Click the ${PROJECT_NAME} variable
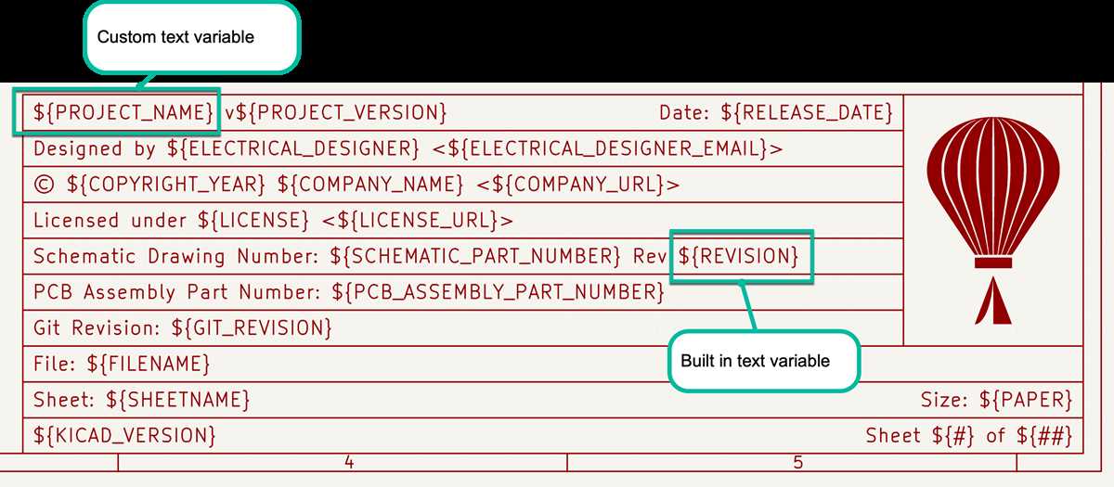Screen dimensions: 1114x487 coord(123,112)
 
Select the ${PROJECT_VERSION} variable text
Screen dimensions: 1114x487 coord(341,112)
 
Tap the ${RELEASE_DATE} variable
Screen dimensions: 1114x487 coord(807,112)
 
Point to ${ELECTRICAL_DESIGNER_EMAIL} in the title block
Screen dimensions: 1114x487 coord(608,148)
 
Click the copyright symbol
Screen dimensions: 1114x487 coord(44,185)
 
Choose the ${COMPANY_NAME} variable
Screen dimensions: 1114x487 coord(370,184)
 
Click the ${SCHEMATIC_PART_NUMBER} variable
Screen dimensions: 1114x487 coord(475,256)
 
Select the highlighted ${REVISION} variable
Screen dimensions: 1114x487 coord(739,256)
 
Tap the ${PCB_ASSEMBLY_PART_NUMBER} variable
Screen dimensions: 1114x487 coord(498,291)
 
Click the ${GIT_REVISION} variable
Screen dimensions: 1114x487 coord(252,327)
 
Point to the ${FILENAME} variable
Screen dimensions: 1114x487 coord(149,364)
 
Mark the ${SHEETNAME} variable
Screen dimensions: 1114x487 coord(177,400)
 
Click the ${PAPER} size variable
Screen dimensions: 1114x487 coord(1026,400)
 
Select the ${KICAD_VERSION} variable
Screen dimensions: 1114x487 coord(124,435)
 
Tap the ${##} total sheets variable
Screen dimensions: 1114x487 coord(1043,435)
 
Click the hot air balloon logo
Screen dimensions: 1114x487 coord(993,220)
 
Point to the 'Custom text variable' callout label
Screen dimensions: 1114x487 coord(175,37)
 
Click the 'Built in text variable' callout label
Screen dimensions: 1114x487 coord(755,361)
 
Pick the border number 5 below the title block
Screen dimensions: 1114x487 coord(797,463)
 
